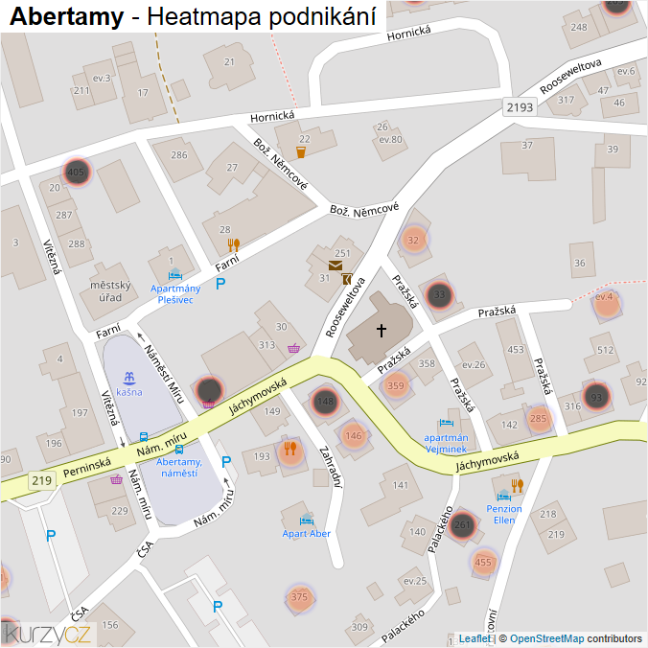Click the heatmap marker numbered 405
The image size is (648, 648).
(x=77, y=173)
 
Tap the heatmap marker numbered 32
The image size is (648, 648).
(x=414, y=239)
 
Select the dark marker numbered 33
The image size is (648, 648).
(x=439, y=294)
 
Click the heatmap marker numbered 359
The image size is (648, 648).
(x=395, y=386)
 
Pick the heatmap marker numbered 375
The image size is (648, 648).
(x=299, y=597)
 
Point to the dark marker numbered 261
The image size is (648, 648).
(x=462, y=524)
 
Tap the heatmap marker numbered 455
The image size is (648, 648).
(x=483, y=563)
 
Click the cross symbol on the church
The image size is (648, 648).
(x=381, y=331)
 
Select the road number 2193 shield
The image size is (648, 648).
(x=520, y=107)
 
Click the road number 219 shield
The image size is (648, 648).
(x=40, y=480)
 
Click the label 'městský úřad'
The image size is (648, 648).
(x=109, y=290)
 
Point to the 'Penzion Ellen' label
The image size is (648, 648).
(x=504, y=514)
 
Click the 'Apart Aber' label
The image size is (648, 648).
(x=307, y=533)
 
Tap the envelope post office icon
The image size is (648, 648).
(x=336, y=265)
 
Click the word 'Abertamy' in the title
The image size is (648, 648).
(x=66, y=16)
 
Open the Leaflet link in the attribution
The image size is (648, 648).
(x=474, y=638)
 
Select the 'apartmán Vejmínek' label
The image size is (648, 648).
(x=445, y=442)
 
